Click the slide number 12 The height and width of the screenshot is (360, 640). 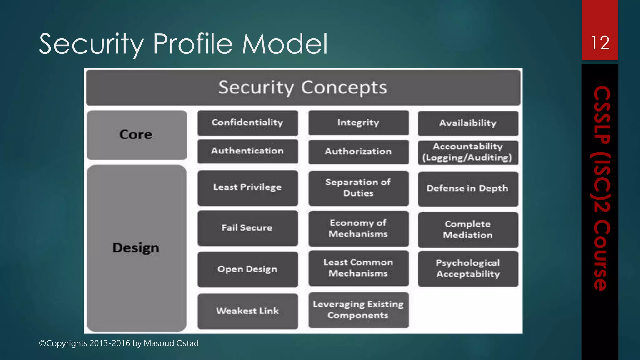[x=600, y=43]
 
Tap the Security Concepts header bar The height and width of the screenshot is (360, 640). [x=303, y=87]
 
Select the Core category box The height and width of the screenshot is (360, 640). [x=137, y=135]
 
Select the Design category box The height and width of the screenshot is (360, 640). [x=136, y=248]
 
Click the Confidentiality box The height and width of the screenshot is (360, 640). [x=247, y=122]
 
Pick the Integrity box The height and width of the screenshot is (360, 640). [x=358, y=122]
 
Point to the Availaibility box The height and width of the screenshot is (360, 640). [x=468, y=123]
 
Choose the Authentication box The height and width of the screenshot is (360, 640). [x=247, y=151]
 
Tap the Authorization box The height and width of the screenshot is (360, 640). [x=358, y=152]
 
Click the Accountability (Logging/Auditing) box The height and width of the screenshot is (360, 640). [x=468, y=152]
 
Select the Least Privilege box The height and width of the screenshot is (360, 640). [x=247, y=187]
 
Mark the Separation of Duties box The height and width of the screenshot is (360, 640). [x=358, y=188]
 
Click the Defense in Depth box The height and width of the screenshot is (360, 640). [x=468, y=188]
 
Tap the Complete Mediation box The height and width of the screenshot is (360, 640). [x=468, y=230]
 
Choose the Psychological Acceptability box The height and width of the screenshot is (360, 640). [x=468, y=269]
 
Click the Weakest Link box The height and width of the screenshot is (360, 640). [x=247, y=311]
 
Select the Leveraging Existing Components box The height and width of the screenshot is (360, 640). [x=358, y=310]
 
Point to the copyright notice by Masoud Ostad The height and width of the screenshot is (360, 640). [x=119, y=343]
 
